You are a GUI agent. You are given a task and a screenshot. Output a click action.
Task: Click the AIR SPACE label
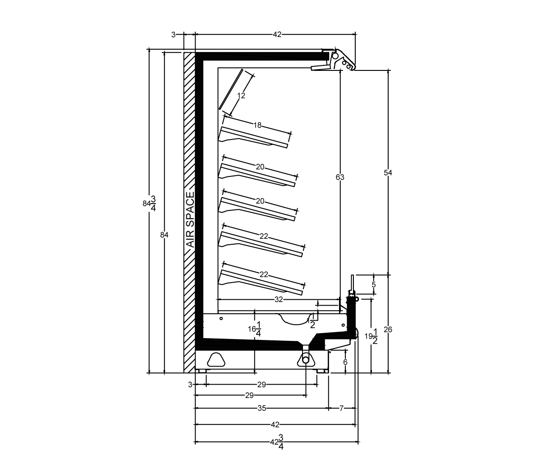click(190, 220)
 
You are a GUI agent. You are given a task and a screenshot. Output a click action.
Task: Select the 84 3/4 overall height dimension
click(149, 204)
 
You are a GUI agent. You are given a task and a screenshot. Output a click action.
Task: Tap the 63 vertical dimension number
click(340, 177)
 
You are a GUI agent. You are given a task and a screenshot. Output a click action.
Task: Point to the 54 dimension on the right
click(388, 172)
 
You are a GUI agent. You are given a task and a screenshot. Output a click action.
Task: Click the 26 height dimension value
click(388, 330)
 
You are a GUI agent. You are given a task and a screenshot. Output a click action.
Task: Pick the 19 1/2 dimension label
click(371, 336)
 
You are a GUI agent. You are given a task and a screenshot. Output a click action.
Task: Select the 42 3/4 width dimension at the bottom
click(277, 441)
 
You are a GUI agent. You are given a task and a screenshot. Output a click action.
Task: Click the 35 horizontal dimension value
click(262, 409)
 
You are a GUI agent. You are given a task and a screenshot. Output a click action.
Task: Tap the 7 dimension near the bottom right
click(341, 409)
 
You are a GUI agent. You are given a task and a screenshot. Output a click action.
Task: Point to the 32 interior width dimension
click(279, 299)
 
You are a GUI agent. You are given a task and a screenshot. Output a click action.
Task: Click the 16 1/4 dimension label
click(255, 329)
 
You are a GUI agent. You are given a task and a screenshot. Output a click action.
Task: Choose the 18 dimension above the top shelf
click(257, 125)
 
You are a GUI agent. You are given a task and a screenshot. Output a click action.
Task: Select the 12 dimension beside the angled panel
click(241, 95)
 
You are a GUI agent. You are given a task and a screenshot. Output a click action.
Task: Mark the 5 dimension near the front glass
click(374, 285)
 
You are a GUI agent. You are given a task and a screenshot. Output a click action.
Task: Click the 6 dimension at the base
click(345, 362)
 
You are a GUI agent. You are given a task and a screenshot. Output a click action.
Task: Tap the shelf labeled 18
click(253, 137)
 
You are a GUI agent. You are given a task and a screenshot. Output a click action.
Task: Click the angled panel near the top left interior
click(231, 89)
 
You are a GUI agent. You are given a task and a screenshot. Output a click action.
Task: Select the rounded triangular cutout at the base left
click(216, 359)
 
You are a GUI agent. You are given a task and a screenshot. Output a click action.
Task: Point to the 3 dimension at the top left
click(174, 35)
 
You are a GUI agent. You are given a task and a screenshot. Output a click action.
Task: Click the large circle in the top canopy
click(335, 56)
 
